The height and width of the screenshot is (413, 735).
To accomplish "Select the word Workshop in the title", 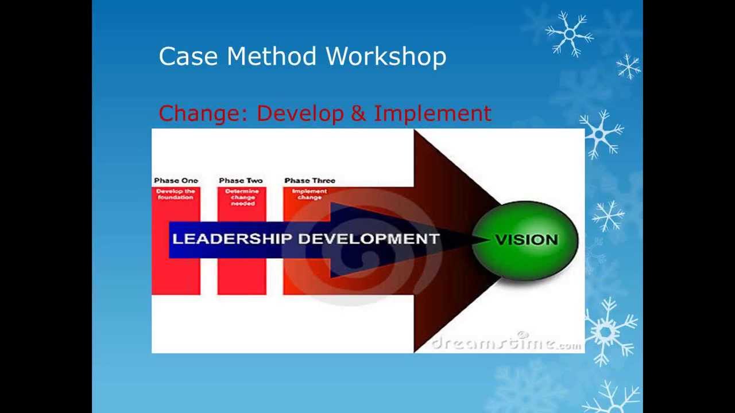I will (x=386, y=57).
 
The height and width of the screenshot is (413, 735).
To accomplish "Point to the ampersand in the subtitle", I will (x=358, y=114).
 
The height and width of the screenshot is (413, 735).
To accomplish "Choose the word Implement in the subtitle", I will (x=432, y=114).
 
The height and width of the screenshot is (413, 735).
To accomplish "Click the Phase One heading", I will (x=176, y=181).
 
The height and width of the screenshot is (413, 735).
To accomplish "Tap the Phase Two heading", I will (x=241, y=181).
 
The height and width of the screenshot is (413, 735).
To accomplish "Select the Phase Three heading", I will (x=310, y=181).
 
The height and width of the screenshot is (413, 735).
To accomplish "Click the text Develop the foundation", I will (x=176, y=194).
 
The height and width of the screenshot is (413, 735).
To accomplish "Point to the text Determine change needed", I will (x=242, y=197).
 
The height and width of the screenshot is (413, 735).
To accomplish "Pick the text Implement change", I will (x=310, y=194).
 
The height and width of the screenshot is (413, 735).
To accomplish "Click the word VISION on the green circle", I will (x=526, y=240).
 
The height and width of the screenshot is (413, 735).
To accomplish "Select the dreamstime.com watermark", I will (x=506, y=342).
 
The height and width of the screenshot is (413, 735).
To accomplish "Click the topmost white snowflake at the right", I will (x=569, y=34).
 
